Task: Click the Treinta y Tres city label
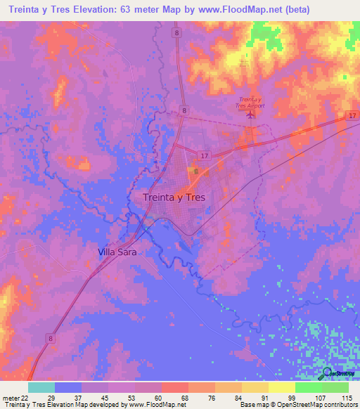174,197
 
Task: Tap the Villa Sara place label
117,251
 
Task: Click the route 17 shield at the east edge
352,115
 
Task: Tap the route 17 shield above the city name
203,155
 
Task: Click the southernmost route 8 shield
52,338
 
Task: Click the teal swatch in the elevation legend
41,387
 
